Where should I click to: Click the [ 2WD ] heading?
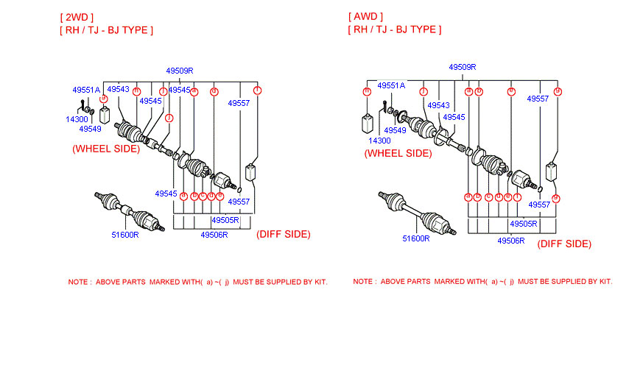point(77,16)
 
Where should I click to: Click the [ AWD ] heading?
point(365,16)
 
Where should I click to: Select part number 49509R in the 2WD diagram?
point(179,71)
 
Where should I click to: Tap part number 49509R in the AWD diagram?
point(463,67)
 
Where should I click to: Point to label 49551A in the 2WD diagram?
point(86,90)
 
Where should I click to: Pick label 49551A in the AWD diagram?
point(391,85)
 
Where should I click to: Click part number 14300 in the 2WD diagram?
point(77,118)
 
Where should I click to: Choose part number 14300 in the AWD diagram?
point(379,140)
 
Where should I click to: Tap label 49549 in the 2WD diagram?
point(90,129)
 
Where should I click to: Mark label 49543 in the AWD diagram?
point(438,105)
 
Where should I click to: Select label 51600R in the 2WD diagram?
point(125,235)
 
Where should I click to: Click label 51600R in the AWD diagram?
point(415,238)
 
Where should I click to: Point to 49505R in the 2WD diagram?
point(225,220)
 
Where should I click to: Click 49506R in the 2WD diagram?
point(214,235)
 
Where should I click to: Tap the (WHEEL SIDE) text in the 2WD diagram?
point(106,148)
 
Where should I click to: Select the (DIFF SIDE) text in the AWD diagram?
point(564,244)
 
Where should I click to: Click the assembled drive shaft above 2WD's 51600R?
point(130,213)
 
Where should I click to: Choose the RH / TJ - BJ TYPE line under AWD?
point(395,29)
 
